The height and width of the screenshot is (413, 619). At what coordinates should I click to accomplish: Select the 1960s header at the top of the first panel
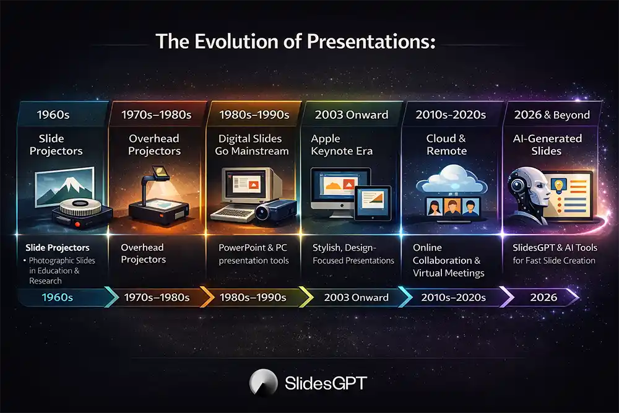(54, 115)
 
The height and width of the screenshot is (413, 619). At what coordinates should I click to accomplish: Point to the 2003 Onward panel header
(351, 115)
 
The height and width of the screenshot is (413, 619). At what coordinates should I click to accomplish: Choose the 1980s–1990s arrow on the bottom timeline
(254, 297)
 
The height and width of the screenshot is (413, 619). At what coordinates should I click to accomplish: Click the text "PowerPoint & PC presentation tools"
(254, 254)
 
